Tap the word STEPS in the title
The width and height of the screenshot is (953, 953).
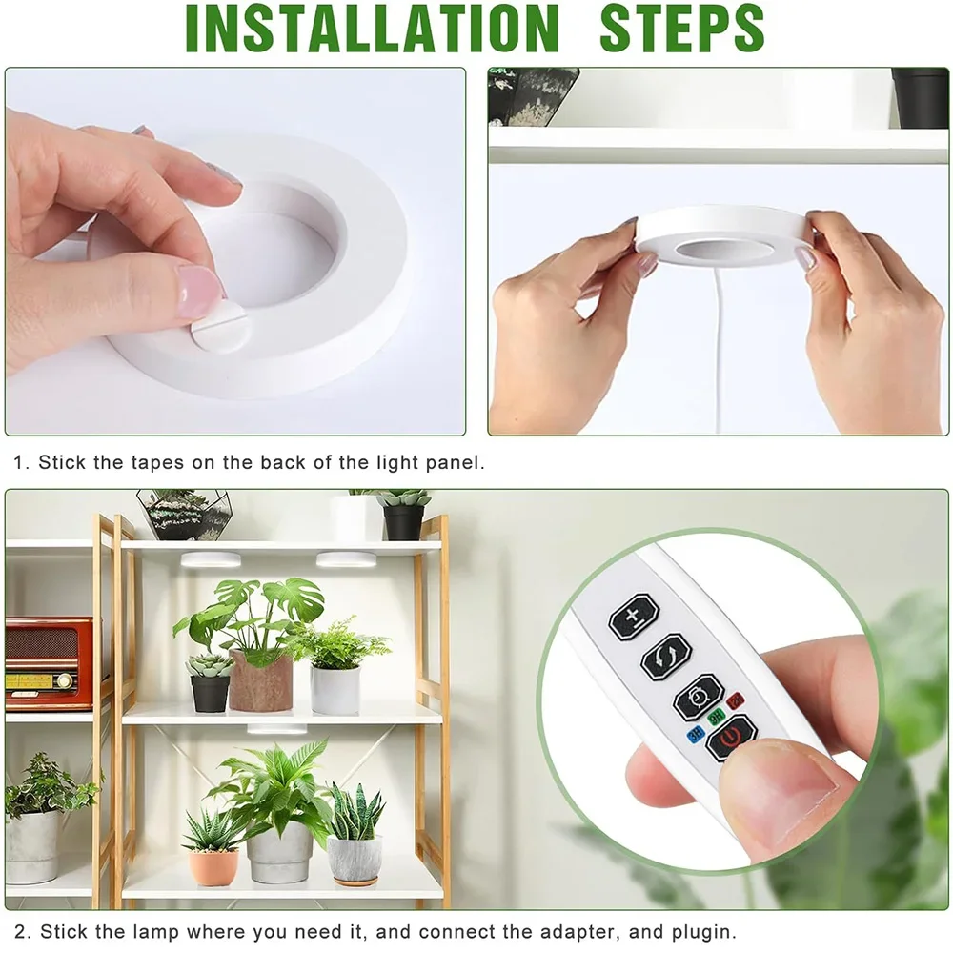click(681, 29)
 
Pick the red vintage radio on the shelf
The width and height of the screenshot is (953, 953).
click(48, 662)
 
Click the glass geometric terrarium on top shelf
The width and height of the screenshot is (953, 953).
click(183, 515)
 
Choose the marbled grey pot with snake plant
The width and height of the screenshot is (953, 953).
click(355, 859)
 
